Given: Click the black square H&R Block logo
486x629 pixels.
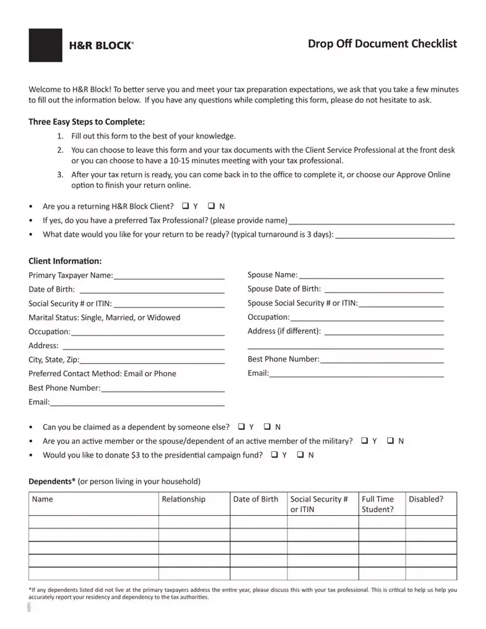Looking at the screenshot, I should coord(45,45).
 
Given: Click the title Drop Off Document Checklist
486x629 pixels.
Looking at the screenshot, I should coord(382,43).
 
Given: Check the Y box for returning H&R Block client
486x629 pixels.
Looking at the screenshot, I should coord(186,206).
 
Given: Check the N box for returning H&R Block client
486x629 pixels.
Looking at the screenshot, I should coord(211,206).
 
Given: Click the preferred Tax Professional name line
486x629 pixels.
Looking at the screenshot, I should coord(372,221).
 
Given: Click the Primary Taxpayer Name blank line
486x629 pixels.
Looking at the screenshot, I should coord(168,275).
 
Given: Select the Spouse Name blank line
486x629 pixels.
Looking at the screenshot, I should coord(371,275).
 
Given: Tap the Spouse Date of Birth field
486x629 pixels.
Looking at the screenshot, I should coord(383,289).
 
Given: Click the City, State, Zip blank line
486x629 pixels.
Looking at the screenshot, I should coord(151,360).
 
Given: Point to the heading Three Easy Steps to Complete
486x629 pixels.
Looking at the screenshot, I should coord(87,121).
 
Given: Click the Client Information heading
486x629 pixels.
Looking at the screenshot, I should coord(65,261).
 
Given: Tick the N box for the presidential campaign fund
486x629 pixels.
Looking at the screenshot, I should coord(301,455).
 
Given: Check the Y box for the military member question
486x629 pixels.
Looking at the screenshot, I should coord(365,441).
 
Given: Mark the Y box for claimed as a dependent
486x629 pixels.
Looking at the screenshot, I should coord(242,427).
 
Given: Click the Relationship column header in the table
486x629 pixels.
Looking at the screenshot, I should coord(183,499).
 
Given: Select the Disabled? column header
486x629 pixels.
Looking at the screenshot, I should coord(425,499).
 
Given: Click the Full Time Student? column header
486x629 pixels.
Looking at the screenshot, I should coord(377,504).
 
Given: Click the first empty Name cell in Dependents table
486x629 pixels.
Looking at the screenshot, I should coord(93,522).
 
